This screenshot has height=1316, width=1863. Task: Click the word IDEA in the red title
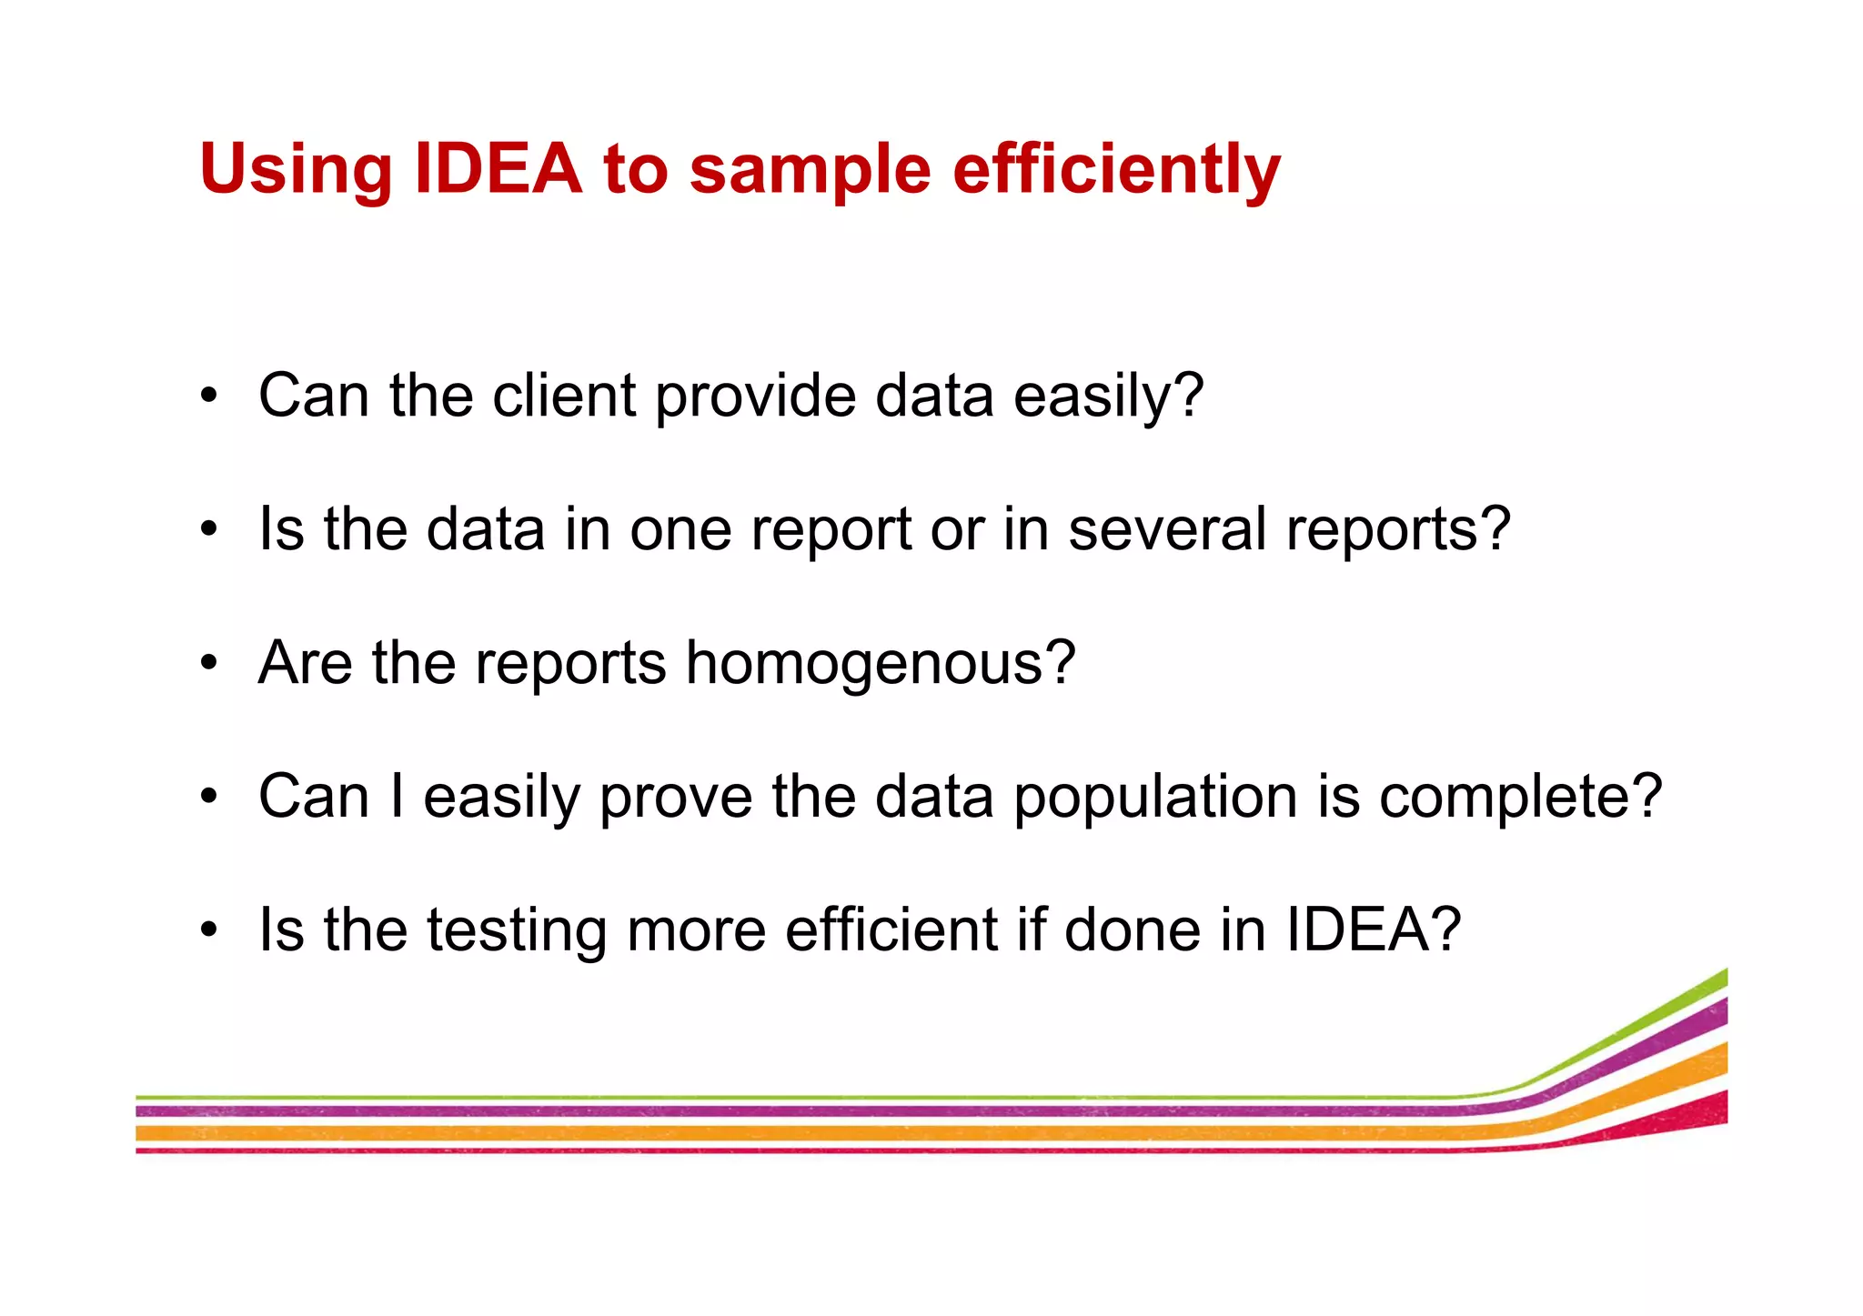(x=498, y=168)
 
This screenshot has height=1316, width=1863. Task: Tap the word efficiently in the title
(x=1116, y=170)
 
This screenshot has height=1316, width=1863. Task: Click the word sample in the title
(x=810, y=171)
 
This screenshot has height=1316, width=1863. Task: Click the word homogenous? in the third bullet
(x=880, y=663)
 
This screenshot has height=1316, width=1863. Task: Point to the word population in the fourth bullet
(x=1155, y=798)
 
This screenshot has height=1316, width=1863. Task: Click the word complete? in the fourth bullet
(x=1520, y=798)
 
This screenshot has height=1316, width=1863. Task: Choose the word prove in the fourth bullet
(x=675, y=798)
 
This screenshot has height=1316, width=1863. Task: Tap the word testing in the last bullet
(x=517, y=930)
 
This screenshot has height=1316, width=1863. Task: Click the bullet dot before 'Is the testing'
(x=210, y=929)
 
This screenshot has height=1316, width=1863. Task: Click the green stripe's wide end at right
(x=1715, y=980)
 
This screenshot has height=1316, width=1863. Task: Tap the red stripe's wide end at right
(x=1715, y=1108)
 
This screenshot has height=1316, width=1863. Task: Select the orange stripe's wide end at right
(x=1715, y=1058)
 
